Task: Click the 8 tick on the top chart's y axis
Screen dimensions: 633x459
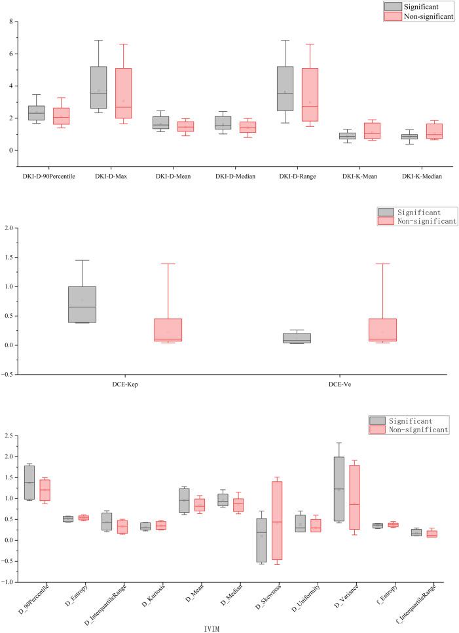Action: [11, 22]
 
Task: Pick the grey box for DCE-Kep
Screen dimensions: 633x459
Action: [82, 304]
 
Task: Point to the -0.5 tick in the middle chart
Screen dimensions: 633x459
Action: [9, 375]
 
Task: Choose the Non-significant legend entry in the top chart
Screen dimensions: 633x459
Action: [418, 16]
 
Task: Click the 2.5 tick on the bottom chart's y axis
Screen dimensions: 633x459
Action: [9, 436]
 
